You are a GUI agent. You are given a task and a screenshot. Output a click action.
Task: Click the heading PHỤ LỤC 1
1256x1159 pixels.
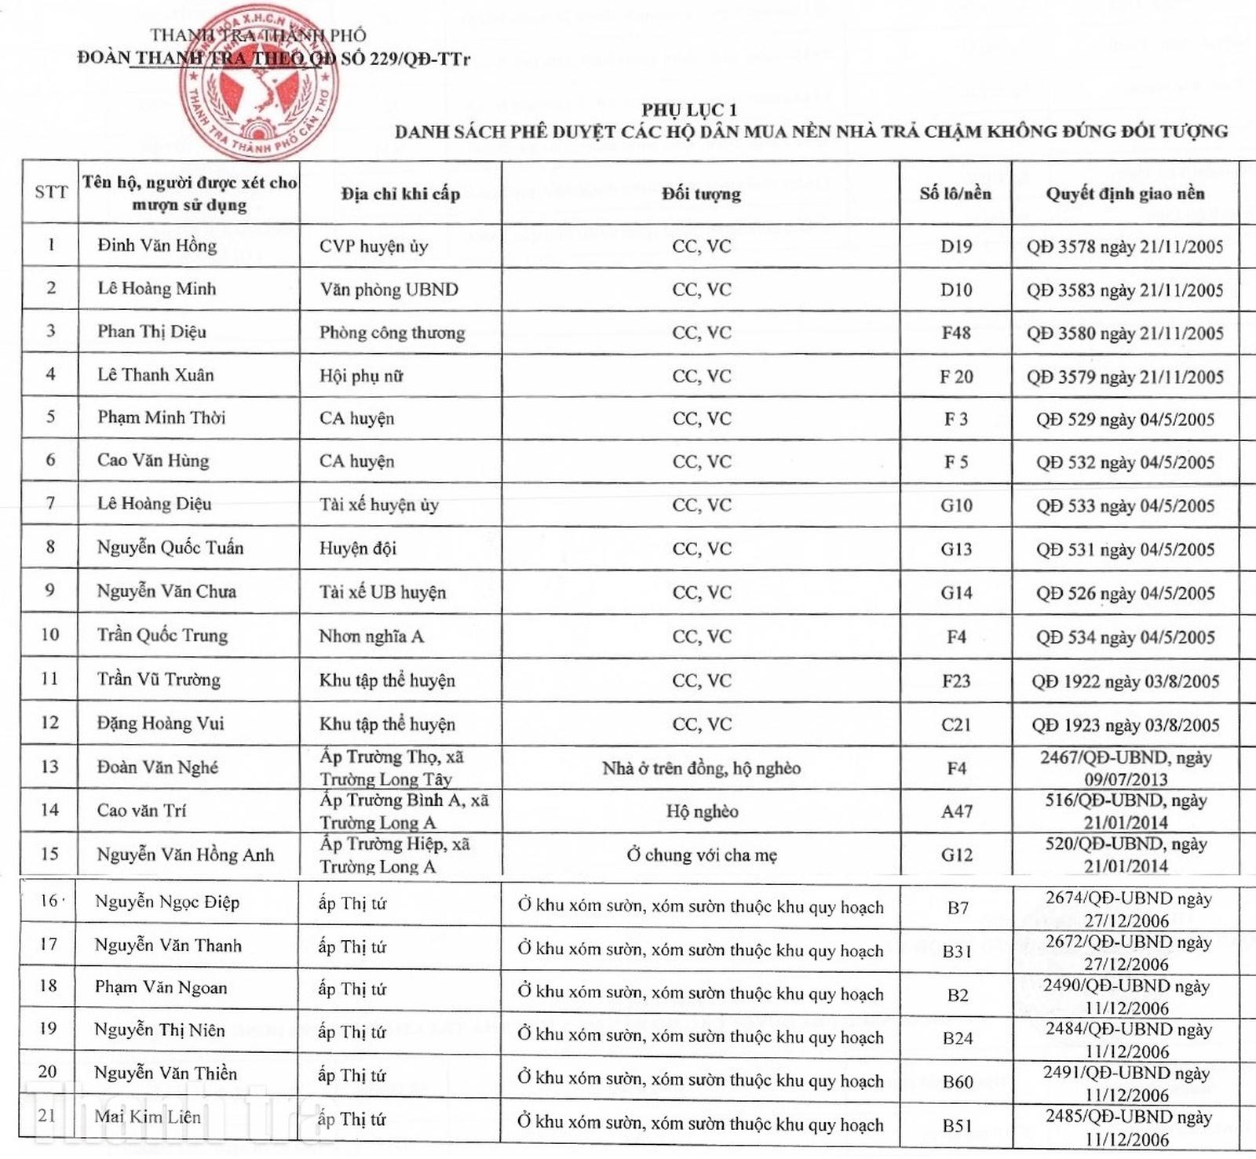pos(689,110)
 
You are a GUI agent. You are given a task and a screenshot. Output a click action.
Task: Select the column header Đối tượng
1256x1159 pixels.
pos(701,193)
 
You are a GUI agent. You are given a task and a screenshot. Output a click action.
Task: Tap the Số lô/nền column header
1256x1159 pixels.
pos(955,193)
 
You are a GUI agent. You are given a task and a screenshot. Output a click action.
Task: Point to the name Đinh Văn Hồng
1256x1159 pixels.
pos(157,246)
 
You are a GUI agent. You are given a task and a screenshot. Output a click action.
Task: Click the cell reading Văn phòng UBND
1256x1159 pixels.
pos(389,290)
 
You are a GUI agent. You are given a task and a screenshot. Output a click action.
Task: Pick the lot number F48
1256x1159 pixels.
pos(956,333)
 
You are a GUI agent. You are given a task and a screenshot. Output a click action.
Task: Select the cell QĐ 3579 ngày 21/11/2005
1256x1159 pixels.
pos(1125,377)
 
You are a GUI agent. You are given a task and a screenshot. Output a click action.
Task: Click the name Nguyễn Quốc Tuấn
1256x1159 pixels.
pos(170,548)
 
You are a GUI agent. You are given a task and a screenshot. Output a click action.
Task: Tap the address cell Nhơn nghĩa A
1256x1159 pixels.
pos(371,636)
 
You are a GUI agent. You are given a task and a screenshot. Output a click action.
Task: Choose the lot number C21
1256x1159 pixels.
pos(956,724)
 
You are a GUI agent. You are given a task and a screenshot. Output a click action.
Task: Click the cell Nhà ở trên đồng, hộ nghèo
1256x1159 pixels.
pos(701,768)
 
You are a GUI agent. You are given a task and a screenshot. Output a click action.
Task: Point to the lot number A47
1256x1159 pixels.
pos(956,811)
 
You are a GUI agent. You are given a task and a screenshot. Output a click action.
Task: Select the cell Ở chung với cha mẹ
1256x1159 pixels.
pos(701,855)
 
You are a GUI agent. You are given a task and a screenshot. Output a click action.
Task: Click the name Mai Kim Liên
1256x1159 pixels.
pos(148,1116)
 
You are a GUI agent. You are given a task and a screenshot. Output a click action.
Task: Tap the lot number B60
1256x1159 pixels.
pos(958,1082)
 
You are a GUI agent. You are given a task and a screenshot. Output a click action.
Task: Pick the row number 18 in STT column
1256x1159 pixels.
pos(49,986)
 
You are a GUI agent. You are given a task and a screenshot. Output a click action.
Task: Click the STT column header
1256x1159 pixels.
pos(51,192)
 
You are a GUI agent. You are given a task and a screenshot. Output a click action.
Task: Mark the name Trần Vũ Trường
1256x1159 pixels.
pos(159,680)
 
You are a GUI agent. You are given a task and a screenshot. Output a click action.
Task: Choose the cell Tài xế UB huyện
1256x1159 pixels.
pos(382,592)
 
